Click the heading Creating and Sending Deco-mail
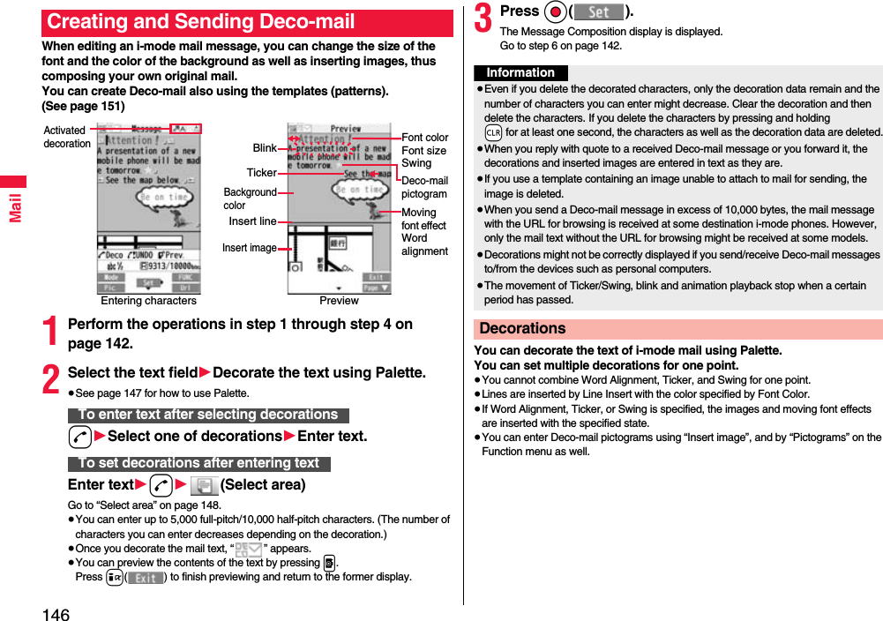(x=201, y=22)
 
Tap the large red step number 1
(x=52, y=332)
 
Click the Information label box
(x=520, y=73)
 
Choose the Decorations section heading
(x=522, y=329)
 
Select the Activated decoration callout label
(x=67, y=137)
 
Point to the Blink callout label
(x=265, y=148)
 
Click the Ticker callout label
(x=261, y=173)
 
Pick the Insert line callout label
(x=252, y=221)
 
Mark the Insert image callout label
(x=249, y=248)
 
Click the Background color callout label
(x=249, y=198)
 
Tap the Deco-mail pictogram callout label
(x=424, y=187)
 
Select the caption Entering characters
(x=148, y=301)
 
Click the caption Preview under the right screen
(x=339, y=301)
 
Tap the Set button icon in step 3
(x=599, y=12)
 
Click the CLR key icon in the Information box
(x=494, y=132)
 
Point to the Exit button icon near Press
(x=146, y=578)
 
